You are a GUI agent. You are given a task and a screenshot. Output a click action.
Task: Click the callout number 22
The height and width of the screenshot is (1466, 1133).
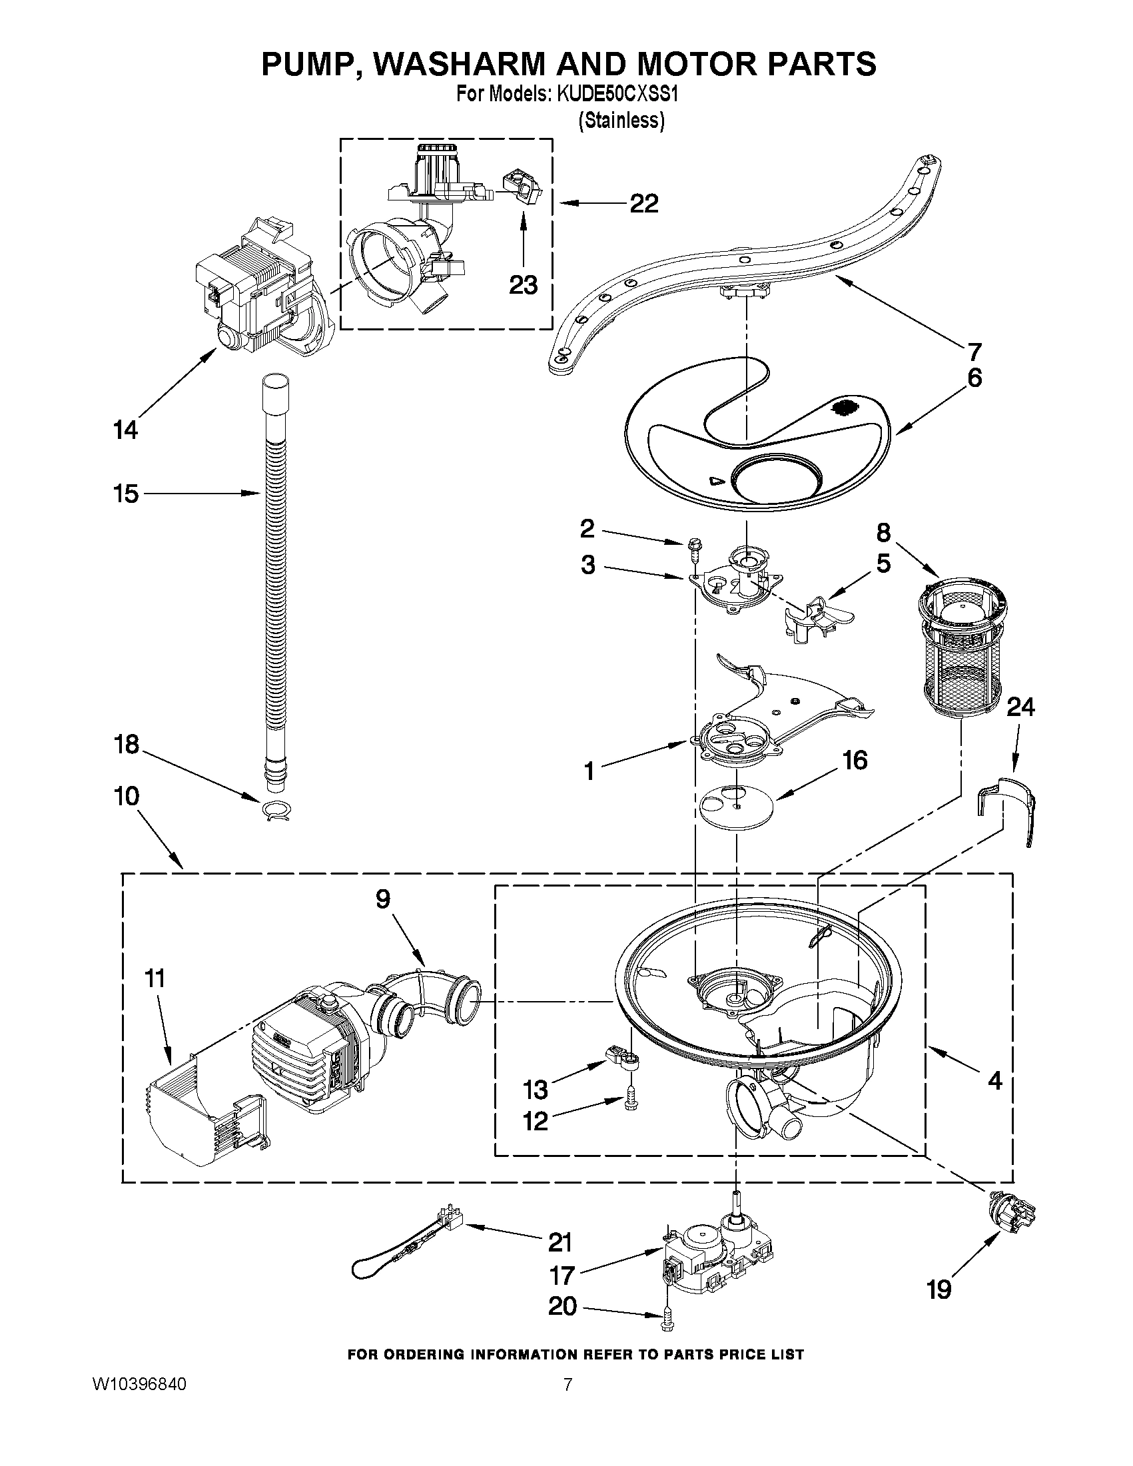pyautogui.click(x=643, y=203)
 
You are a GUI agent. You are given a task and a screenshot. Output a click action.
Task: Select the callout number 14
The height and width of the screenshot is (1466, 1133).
pyautogui.click(x=125, y=430)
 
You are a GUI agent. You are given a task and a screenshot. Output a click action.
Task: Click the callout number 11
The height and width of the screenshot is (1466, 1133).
pyautogui.click(x=155, y=978)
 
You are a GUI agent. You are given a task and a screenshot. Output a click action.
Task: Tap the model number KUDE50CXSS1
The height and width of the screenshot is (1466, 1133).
pyautogui.click(x=617, y=95)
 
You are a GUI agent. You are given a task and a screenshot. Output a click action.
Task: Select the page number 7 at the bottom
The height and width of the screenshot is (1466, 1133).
pyautogui.click(x=567, y=1383)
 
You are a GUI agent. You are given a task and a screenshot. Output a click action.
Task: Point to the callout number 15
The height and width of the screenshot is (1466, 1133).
pyautogui.click(x=125, y=494)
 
